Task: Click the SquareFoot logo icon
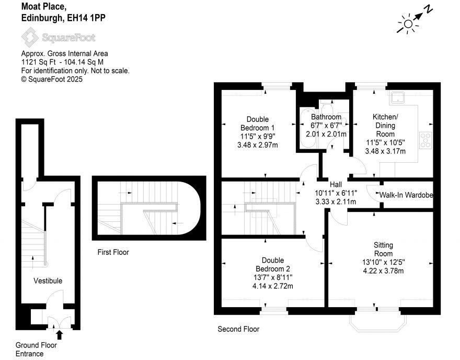pos(30,37)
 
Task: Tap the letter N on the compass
pos(429,10)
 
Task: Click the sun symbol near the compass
pos(408,24)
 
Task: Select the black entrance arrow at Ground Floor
pos(60,334)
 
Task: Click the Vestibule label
pos(48,280)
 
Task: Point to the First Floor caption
pos(113,252)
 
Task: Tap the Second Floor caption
pos(238,329)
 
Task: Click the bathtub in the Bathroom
pos(307,128)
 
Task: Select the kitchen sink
pos(397,97)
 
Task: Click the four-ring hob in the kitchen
pos(425,140)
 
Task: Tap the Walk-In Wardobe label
pos(406,195)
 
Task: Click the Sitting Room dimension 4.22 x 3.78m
pos(383,271)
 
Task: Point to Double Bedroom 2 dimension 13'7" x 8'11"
pos(273,277)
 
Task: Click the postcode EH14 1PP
pos(86,18)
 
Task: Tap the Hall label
pos(336,184)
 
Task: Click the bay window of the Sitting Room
pos(378,323)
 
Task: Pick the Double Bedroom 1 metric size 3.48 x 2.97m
pos(258,145)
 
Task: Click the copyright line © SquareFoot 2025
pos(52,80)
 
